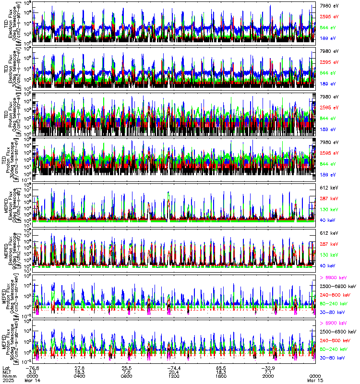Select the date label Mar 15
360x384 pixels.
(315, 380)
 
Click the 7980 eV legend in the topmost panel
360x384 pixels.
(329, 5)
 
